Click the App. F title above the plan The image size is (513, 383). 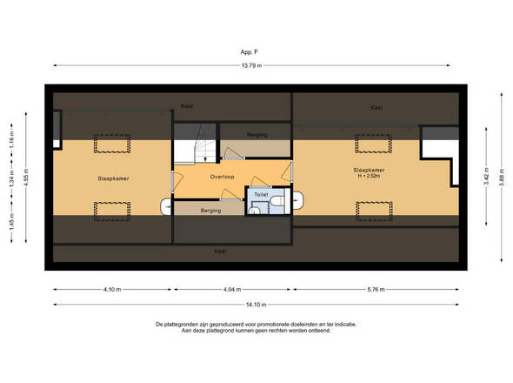[x=249, y=51]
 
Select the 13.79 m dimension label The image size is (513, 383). [x=251, y=65]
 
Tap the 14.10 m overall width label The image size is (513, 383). [x=256, y=305]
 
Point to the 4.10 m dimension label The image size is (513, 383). [x=112, y=289]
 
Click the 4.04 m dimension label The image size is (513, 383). [x=232, y=289]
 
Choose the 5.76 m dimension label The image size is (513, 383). [x=376, y=289]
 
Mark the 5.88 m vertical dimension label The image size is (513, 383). [x=501, y=178]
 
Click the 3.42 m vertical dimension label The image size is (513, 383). [x=486, y=176]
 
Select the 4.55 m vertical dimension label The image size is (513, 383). [x=26, y=178]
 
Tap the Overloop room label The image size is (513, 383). [x=222, y=177]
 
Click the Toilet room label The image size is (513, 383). [x=261, y=194]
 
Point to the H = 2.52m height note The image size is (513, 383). [x=369, y=176]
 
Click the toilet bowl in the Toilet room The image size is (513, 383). [x=277, y=200]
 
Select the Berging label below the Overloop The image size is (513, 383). [x=210, y=211]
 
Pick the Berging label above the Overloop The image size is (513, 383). [x=256, y=135]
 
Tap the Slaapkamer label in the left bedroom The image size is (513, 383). [x=113, y=178]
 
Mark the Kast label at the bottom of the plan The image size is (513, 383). [x=220, y=252]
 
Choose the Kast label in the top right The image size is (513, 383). [x=376, y=107]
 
